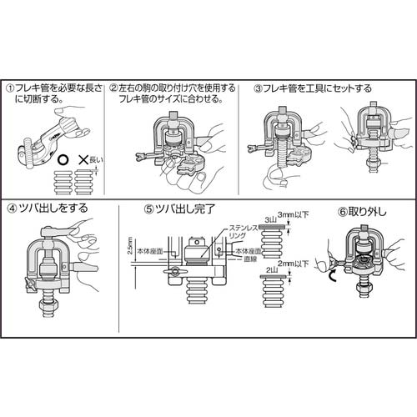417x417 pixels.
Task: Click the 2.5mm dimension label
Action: coord(122,247)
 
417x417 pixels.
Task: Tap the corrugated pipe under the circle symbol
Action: coord(63,179)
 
